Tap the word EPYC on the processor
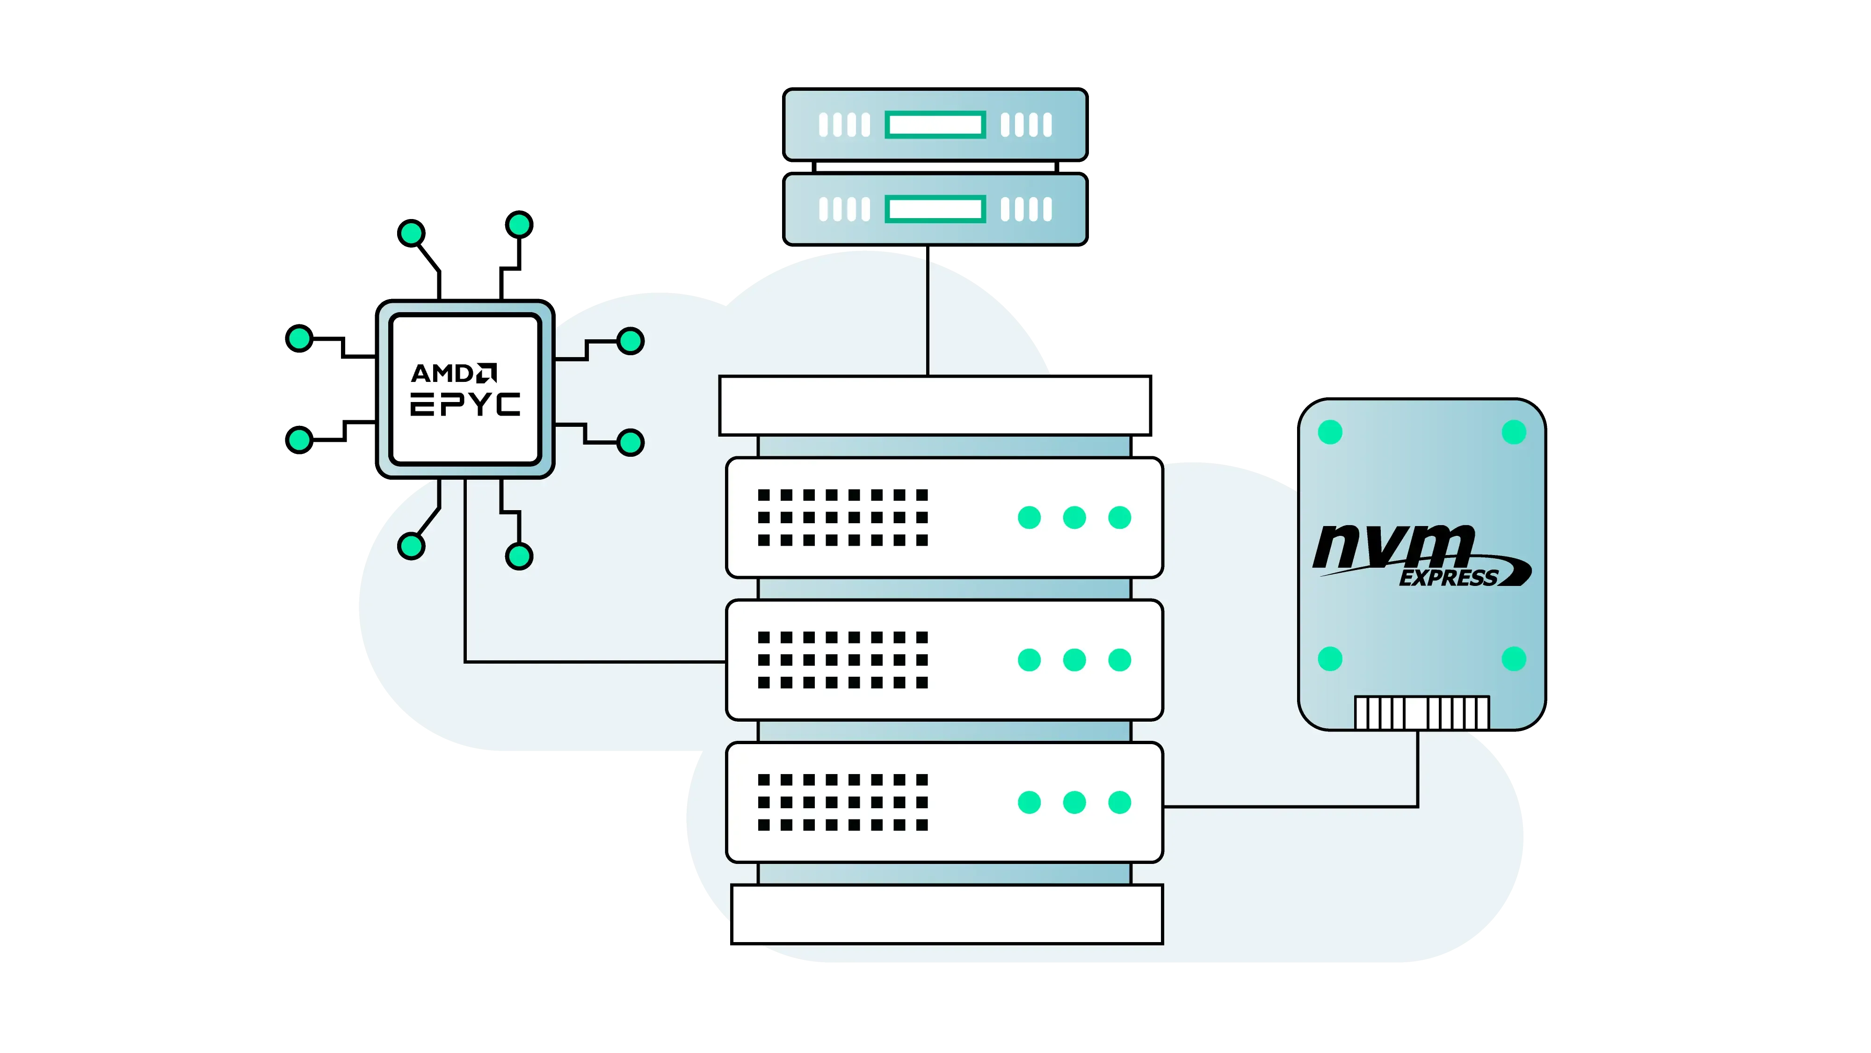(x=465, y=405)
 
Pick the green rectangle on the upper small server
(x=935, y=125)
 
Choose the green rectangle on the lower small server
(x=935, y=209)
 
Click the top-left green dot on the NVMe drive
(x=1330, y=431)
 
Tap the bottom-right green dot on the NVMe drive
(x=1514, y=659)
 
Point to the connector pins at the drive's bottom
(x=1421, y=713)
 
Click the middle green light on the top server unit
(x=1074, y=518)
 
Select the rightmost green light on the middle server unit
(x=1119, y=660)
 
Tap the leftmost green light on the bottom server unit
(x=1029, y=802)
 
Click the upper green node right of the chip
(x=631, y=341)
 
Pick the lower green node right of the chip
(x=631, y=443)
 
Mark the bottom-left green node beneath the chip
(x=411, y=546)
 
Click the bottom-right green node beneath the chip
(x=519, y=556)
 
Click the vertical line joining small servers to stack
(x=928, y=318)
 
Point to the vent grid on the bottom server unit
(x=842, y=802)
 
